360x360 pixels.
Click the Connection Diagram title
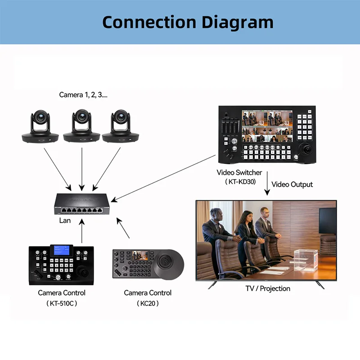pos(188,22)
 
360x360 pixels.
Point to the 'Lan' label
pos(65,220)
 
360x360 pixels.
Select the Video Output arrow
pos(267,185)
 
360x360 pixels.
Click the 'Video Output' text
pos(292,184)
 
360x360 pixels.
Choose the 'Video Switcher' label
pos(239,172)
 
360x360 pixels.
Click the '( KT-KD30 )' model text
pos(239,182)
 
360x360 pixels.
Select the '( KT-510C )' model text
pos(62,303)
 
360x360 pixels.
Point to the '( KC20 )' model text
pos(148,303)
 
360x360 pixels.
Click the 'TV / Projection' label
pos(267,288)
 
